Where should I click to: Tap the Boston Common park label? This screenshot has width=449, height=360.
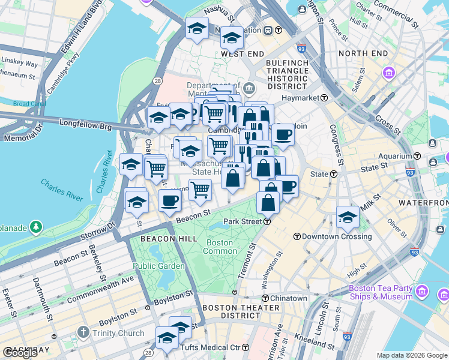(220, 247)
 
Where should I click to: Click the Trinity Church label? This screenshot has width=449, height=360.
(118, 333)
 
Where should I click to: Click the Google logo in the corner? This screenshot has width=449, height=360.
(20, 353)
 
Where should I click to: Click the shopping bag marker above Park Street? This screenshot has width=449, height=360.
(268, 202)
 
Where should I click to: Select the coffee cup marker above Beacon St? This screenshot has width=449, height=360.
(170, 200)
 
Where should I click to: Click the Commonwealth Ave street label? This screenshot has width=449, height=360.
(101, 289)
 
